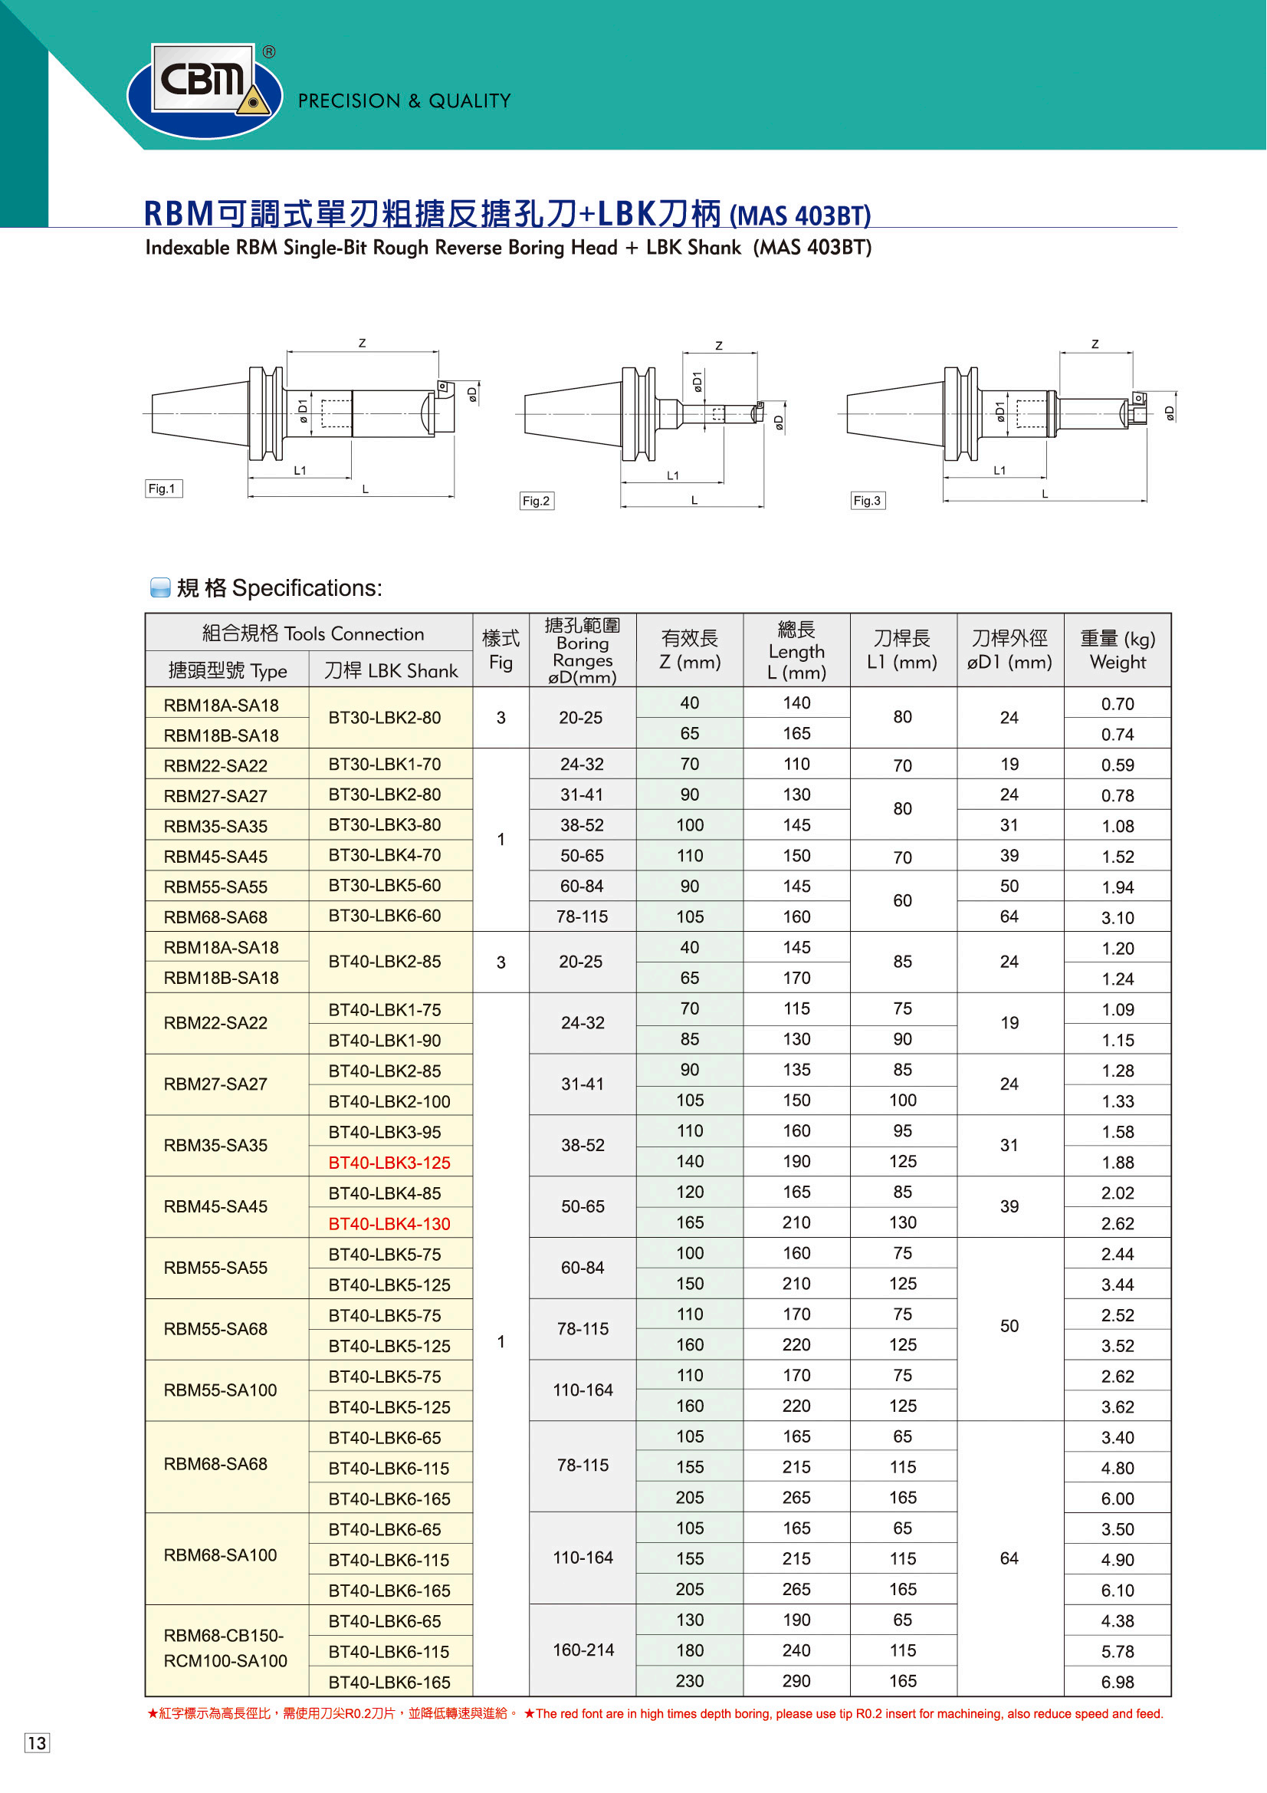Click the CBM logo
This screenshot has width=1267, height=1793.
pyautogui.click(x=205, y=89)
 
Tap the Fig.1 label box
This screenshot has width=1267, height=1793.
pyautogui.click(x=163, y=489)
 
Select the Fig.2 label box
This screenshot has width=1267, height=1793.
pyautogui.click(x=537, y=502)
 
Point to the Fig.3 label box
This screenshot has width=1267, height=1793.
pyautogui.click(x=868, y=502)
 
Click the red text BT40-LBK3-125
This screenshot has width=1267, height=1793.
pyautogui.click(x=389, y=1163)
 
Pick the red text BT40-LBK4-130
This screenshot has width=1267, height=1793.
pyautogui.click(x=389, y=1224)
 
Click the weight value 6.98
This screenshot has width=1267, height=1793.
pyautogui.click(x=1117, y=1682)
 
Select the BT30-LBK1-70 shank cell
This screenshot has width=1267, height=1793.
pyautogui.click(x=384, y=764)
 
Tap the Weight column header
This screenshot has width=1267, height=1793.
pyautogui.click(x=1117, y=650)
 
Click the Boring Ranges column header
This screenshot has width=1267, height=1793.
pyautogui.click(x=583, y=650)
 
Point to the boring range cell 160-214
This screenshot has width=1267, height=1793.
pyautogui.click(x=583, y=1650)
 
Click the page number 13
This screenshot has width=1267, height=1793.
pyautogui.click(x=37, y=1743)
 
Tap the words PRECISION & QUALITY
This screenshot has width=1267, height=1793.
pyautogui.click(x=405, y=100)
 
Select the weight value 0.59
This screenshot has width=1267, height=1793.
pyautogui.click(x=1117, y=765)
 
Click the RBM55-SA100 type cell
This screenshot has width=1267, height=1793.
pyautogui.click(x=220, y=1390)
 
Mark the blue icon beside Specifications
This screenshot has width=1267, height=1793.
pyautogui.click(x=160, y=588)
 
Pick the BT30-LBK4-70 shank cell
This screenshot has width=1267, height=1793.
pyautogui.click(x=384, y=855)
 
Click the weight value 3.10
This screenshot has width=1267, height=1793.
pyautogui.click(x=1117, y=917)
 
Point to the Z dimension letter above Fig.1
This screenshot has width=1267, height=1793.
pyautogui.click(x=363, y=343)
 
